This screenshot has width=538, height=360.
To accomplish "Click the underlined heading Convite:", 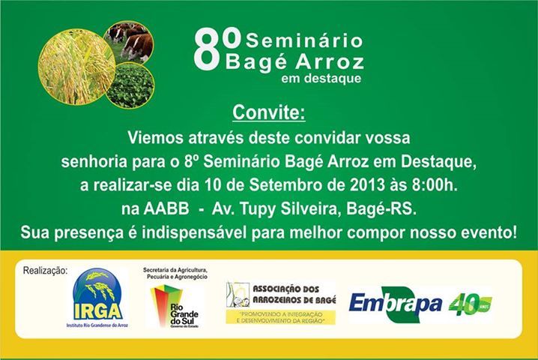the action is (x=269, y=112).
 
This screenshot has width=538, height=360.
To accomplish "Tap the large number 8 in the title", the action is (x=207, y=49).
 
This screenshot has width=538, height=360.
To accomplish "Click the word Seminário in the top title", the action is (x=304, y=40).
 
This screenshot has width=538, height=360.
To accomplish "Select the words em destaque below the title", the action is (x=321, y=78).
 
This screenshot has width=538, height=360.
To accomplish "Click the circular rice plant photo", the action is (x=76, y=67).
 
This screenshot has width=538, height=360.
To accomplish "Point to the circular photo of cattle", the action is (x=130, y=42).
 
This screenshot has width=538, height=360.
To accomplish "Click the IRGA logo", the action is (x=97, y=298).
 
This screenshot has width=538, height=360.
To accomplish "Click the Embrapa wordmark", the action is (x=396, y=304).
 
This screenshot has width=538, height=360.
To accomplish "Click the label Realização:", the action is (x=45, y=271).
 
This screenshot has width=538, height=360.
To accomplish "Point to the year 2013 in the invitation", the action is (x=367, y=185).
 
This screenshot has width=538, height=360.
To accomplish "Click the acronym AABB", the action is (x=166, y=208).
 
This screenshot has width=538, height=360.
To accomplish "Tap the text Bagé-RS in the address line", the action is (x=381, y=209).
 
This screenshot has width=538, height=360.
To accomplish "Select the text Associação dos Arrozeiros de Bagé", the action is (x=294, y=295).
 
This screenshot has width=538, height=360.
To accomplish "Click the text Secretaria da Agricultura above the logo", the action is (x=175, y=270).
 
